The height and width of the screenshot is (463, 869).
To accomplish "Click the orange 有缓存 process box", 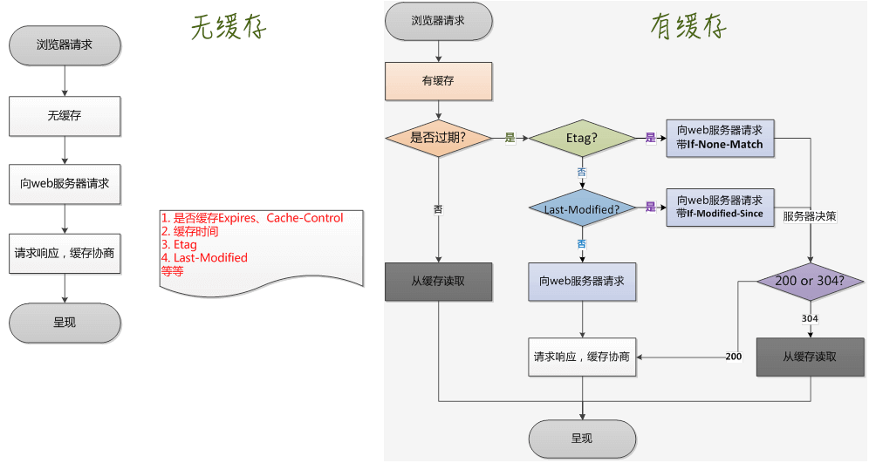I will point(439,81).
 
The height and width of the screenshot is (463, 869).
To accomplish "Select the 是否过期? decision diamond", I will point(439,138).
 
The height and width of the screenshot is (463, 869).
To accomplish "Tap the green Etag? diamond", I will point(582,138).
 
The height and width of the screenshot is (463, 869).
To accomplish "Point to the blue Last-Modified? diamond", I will point(582,208).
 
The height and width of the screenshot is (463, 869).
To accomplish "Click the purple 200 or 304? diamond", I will point(811,282).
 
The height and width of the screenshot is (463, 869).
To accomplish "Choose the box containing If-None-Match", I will point(720,138).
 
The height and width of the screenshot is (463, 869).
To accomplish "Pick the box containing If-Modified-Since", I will point(720,208).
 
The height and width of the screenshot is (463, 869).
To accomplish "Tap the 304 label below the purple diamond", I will point(810,319).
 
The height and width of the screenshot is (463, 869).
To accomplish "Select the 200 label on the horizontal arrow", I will point(734,357).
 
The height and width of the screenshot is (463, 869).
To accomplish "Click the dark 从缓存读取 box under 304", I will point(810,357).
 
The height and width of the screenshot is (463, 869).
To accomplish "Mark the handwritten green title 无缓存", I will point(228,27).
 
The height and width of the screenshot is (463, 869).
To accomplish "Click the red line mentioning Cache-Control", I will point(252,218).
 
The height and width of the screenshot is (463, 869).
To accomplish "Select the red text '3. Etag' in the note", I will point(180,245).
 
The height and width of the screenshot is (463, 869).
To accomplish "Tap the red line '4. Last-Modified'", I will point(205,258).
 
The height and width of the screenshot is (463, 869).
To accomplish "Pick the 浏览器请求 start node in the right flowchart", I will point(439,20).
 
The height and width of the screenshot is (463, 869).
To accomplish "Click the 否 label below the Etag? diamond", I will point(582,173).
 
